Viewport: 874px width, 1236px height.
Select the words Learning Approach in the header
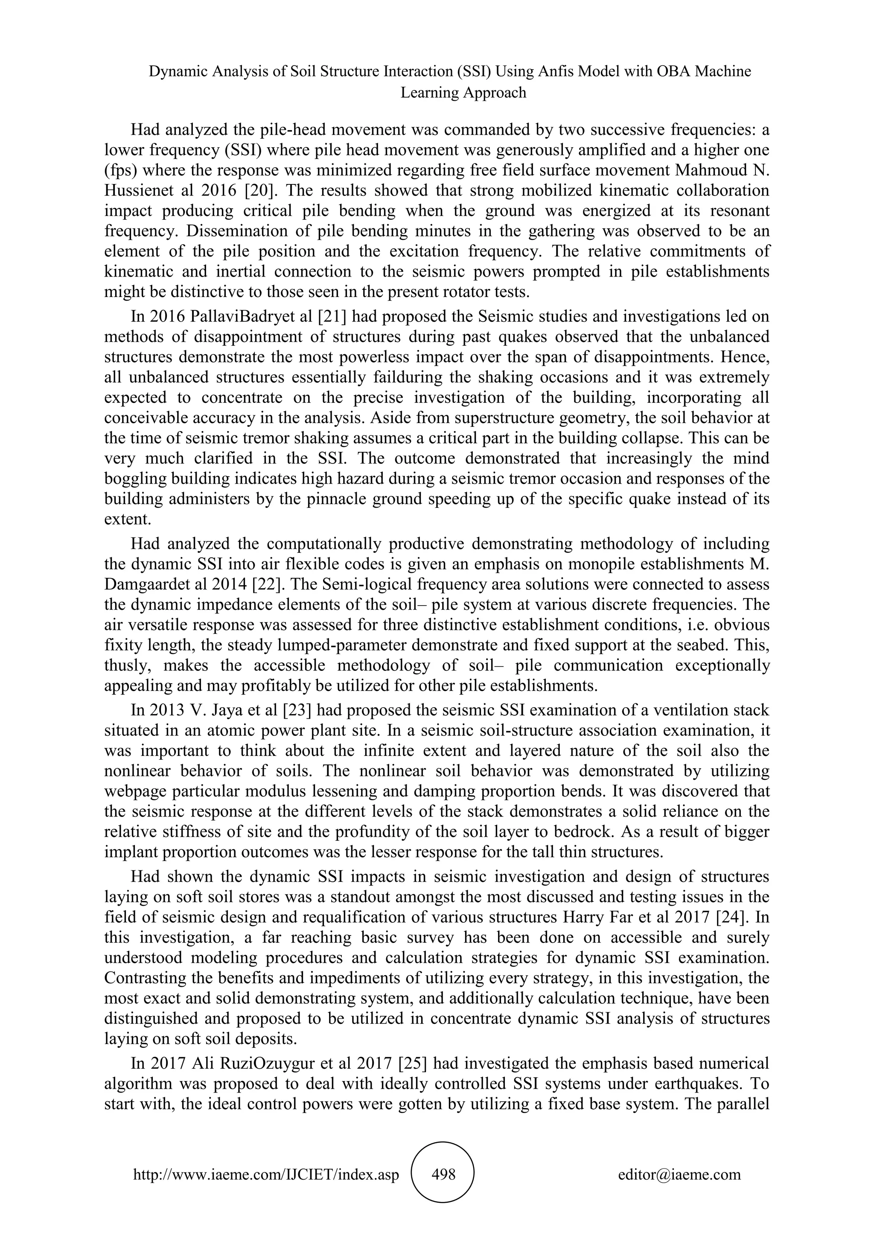click(x=463, y=93)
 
